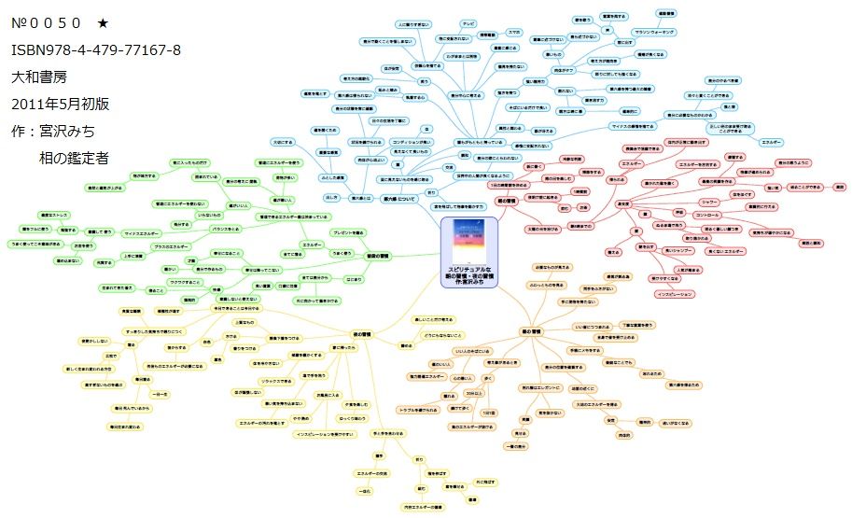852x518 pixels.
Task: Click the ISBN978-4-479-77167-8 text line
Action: [x=95, y=49]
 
